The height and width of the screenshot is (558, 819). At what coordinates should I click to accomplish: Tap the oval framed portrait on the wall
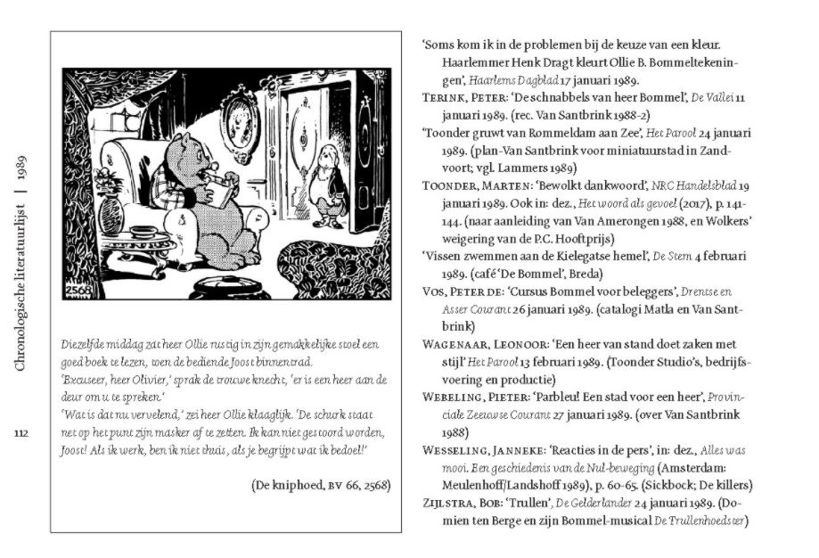(240, 119)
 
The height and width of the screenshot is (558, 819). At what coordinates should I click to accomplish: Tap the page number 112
(22, 433)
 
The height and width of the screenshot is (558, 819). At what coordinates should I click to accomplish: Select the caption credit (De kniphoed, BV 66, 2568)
(321, 485)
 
